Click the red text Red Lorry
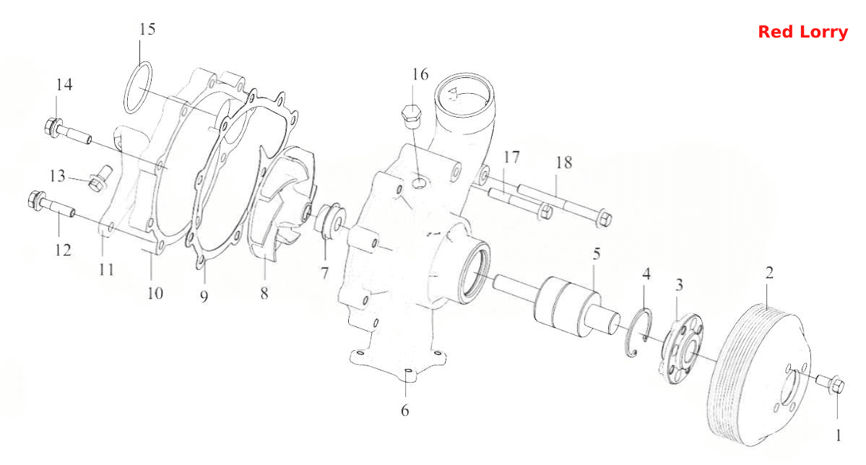tap(802, 32)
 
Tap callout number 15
tap(147, 29)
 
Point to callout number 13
tap(58, 176)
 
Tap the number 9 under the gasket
tap(204, 297)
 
